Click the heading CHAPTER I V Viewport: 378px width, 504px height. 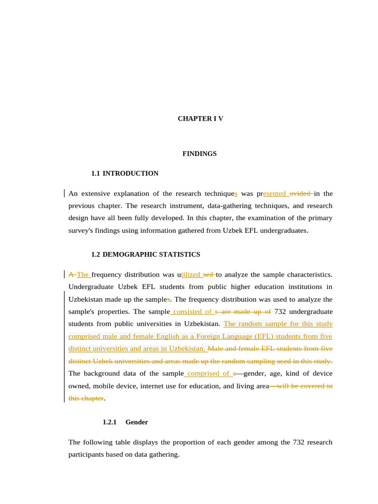coord(200,119)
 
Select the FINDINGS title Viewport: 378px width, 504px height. coord(199,154)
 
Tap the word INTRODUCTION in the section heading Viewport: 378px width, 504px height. coord(130,173)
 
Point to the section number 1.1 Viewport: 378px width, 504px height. coord(95,173)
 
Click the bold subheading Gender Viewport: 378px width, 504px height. coord(136,422)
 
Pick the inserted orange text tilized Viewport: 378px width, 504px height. coord(191,275)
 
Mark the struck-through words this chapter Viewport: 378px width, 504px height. coord(86,398)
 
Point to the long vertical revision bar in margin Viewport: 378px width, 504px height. coord(64,345)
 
